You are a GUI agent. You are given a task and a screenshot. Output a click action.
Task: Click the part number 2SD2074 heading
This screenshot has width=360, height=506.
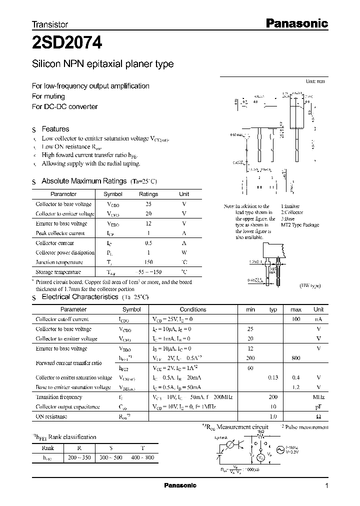[67, 43]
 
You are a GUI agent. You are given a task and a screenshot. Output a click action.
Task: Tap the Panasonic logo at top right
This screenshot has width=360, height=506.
[295, 23]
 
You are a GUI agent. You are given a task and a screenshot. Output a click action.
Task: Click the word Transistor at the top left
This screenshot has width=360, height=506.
[50, 24]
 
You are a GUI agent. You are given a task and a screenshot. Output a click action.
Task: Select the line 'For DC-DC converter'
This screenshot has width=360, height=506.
[65, 106]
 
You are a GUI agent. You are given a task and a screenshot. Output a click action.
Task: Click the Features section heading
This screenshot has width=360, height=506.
[55, 129]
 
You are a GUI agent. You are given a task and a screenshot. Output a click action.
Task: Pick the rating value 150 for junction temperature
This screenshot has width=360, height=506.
[148, 262]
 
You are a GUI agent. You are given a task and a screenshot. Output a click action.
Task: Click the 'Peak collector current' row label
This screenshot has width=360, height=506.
[60, 233]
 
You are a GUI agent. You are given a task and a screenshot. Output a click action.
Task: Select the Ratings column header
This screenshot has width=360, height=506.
[148, 194]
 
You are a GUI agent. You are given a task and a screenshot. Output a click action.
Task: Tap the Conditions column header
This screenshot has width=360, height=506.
[192, 309]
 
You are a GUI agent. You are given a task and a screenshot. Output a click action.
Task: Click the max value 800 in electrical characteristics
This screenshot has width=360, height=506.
[295, 358]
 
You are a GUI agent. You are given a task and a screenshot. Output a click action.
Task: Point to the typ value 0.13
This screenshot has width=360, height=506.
[273, 377]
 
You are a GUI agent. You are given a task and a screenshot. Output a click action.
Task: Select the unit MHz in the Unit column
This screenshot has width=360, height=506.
[318, 397]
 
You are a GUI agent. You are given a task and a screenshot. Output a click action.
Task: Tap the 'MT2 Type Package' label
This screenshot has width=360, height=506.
[299, 225]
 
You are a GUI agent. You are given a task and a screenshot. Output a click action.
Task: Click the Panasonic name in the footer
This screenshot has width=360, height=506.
[180, 485]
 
